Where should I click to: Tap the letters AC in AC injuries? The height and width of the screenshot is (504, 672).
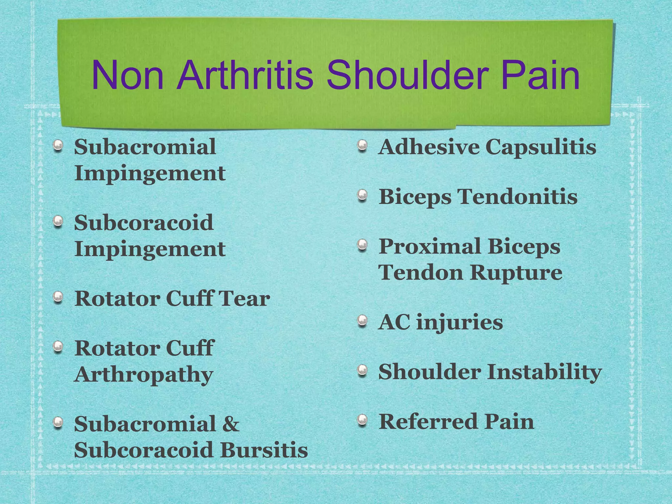[394, 322]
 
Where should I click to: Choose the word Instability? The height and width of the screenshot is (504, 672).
[544, 372]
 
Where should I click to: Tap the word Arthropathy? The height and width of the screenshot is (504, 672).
[144, 375]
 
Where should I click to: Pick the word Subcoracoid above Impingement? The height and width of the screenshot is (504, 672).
[144, 222]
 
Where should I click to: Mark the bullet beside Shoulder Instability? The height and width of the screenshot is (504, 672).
[362, 370]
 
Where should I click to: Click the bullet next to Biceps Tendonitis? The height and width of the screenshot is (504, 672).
[362, 195]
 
